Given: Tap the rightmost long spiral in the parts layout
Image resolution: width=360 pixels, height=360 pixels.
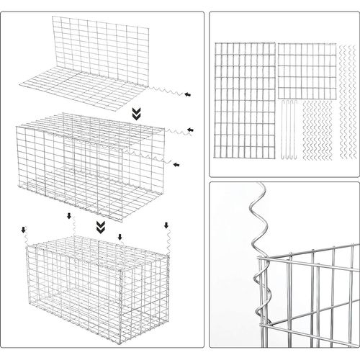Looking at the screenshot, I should (343, 101).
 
